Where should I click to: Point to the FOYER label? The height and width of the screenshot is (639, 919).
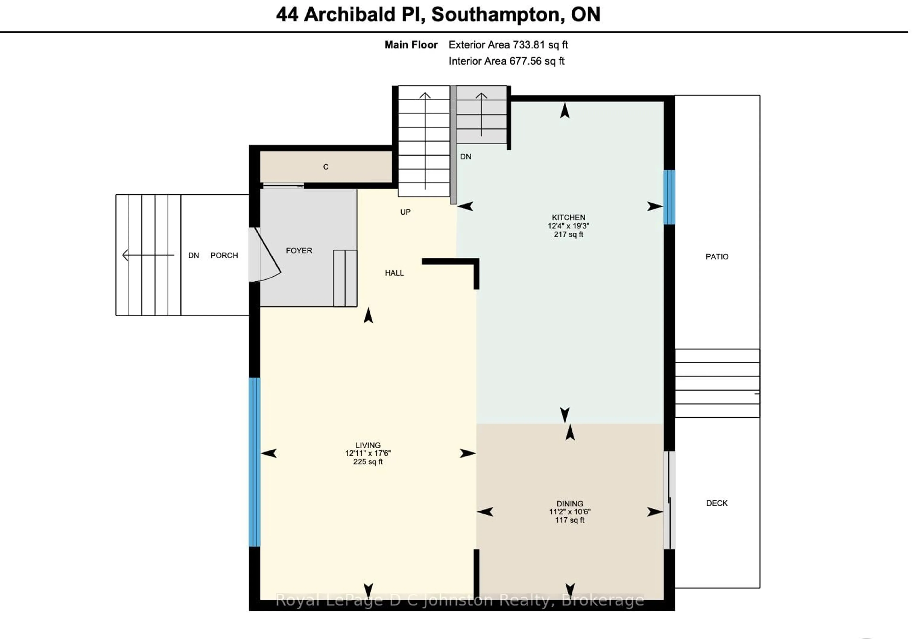point(299,250)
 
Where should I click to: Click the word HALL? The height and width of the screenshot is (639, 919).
point(394,273)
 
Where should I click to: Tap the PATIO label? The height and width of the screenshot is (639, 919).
point(717,256)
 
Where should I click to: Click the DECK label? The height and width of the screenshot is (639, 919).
point(717,503)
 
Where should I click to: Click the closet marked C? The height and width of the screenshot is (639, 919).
point(325,167)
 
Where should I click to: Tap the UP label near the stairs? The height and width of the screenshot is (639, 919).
point(405,212)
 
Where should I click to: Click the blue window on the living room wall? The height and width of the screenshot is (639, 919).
point(255,462)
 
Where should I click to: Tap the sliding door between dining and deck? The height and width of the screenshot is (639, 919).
point(669,500)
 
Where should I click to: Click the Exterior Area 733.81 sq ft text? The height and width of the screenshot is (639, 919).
point(508,45)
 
